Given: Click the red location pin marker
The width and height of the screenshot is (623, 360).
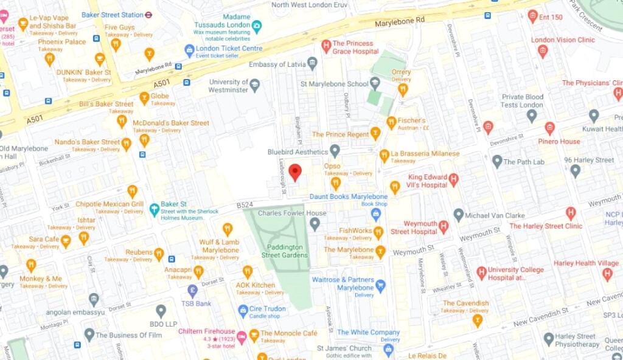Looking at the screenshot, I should pyautogui.click(x=295, y=172).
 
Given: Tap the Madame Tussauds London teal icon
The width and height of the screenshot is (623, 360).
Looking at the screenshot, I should pyautogui.click(x=257, y=25).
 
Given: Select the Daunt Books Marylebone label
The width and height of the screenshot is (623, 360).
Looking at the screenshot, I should pyautogui.click(x=348, y=196).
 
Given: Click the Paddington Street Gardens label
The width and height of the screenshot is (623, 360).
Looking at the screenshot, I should pyautogui.click(x=287, y=251).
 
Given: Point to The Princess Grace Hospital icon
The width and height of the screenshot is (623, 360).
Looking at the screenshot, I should pyautogui.click(x=326, y=46).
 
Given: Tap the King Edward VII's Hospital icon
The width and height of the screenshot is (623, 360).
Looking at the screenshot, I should pyautogui.click(x=453, y=180).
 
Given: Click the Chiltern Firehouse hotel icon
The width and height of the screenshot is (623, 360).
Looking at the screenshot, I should pyautogui.click(x=242, y=336).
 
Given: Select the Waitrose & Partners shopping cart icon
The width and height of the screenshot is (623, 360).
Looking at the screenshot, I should pyautogui.click(x=381, y=284).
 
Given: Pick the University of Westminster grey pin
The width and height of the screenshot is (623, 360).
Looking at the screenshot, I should pyautogui.click(x=255, y=85).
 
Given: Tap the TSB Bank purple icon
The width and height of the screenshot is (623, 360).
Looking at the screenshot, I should pyautogui.click(x=192, y=290).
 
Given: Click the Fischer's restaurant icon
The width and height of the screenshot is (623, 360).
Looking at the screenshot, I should pyautogui.click(x=391, y=122).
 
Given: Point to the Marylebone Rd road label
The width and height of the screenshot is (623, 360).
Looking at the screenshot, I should pyautogui.click(x=400, y=20).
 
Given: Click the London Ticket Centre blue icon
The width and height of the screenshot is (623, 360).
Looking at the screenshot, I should pyautogui.click(x=190, y=50).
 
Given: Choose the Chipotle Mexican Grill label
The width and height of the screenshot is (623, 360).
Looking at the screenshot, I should pyautogui.click(x=110, y=204).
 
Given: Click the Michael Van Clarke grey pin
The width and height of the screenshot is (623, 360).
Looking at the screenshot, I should pyautogui.click(x=459, y=215).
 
